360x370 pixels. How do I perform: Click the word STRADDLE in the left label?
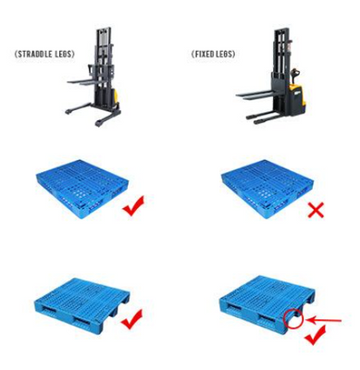pyautogui.click(x=35, y=54)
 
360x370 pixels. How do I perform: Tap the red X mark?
pyautogui.click(x=316, y=210)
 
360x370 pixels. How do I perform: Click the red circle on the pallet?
pyautogui.click(x=293, y=319)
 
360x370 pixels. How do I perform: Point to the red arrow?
pyautogui.click(x=324, y=321)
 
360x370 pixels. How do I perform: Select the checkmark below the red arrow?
pyautogui.click(x=316, y=335)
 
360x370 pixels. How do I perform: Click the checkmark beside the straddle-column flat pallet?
pyautogui.click(x=133, y=205)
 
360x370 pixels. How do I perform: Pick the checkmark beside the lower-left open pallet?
pyautogui.click(x=132, y=319)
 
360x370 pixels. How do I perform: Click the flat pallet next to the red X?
pyautogui.click(x=267, y=189)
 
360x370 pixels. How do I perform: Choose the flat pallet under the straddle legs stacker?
pyautogui.click(x=82, y=189)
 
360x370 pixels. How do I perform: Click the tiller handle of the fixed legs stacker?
pyautogui.click(x=294, y=73)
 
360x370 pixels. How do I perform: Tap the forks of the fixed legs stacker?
pyautogui.click(x=254, y=95)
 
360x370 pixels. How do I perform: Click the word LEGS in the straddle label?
pyautogui.click(x=64, y=54)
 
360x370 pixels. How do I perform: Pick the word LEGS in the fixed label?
pyautogui.click(x=225, y=54)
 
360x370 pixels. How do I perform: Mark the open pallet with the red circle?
pyautogui.click(x=267, y=304)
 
